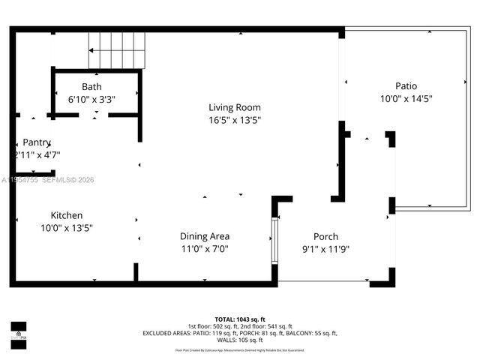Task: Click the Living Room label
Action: coord(235,107)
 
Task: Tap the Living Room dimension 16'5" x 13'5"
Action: coord(235,119)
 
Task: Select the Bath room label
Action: coord(91,87)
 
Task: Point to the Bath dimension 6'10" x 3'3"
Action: coord(91,99)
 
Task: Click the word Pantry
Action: coord(37,142)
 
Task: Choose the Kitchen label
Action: coord(67,215)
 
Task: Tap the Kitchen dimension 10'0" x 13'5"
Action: coord(67,227)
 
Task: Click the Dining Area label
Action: coord(205,236)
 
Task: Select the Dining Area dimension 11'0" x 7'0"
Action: coord(205,248)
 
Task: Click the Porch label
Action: coord(325,236)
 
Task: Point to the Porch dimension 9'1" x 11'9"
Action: coord(325,248)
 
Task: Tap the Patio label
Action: coord(406,86)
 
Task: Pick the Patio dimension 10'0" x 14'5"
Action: coord(406,98)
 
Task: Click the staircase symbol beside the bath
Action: coord(117,50)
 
